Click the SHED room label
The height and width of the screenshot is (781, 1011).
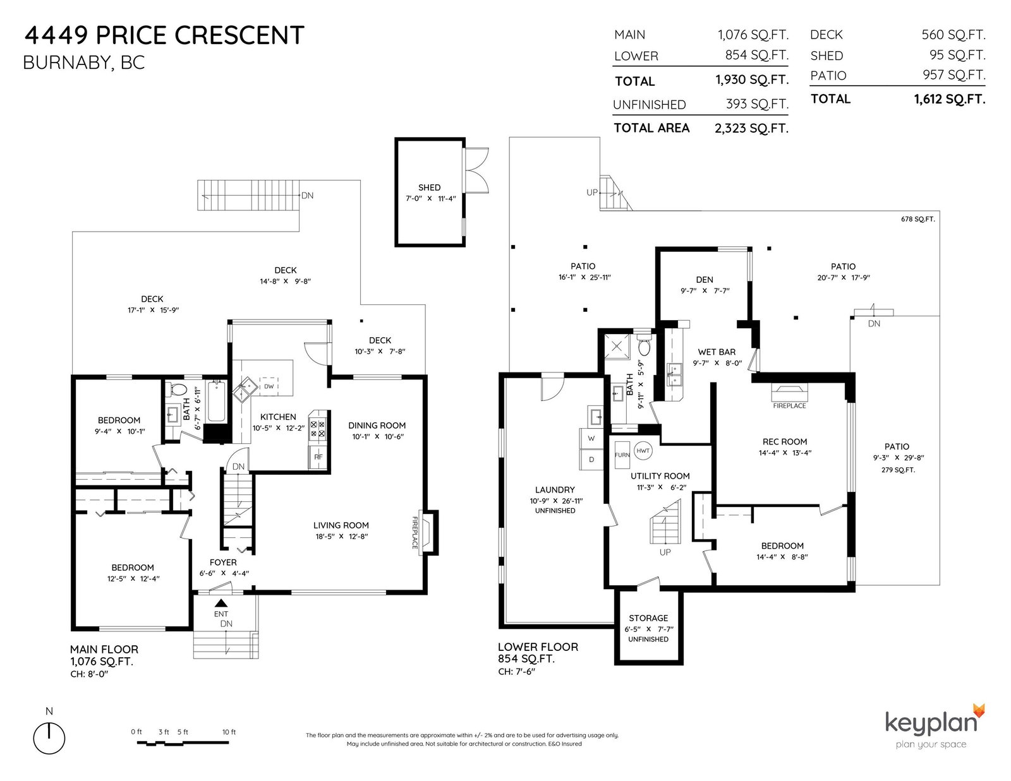coord(428,188)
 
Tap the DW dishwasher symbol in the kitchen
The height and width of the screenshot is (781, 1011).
coord(269,386)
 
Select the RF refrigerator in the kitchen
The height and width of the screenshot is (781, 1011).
coord(318,457)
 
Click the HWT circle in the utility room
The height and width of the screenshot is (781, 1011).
coord(643,450)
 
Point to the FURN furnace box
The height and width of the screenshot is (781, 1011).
coord(622,455)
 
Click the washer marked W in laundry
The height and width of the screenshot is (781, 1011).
coord(591,438)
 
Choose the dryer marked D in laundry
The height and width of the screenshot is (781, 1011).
coord(591,459)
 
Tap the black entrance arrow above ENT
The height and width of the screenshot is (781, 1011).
coord(221,604)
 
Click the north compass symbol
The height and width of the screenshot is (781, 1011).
coord(49,738)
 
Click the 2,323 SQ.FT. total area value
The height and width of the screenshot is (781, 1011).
coord(751,128)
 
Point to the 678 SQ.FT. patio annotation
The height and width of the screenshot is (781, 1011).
coord(917,219)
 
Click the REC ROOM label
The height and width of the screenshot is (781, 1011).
coord(784,441)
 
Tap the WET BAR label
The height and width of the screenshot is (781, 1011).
coord(717,352)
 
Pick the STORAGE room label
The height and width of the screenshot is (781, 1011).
coord(648,618)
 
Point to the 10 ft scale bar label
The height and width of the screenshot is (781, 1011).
coord(229,732)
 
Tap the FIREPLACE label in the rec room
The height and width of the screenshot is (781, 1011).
coord(789,405)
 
